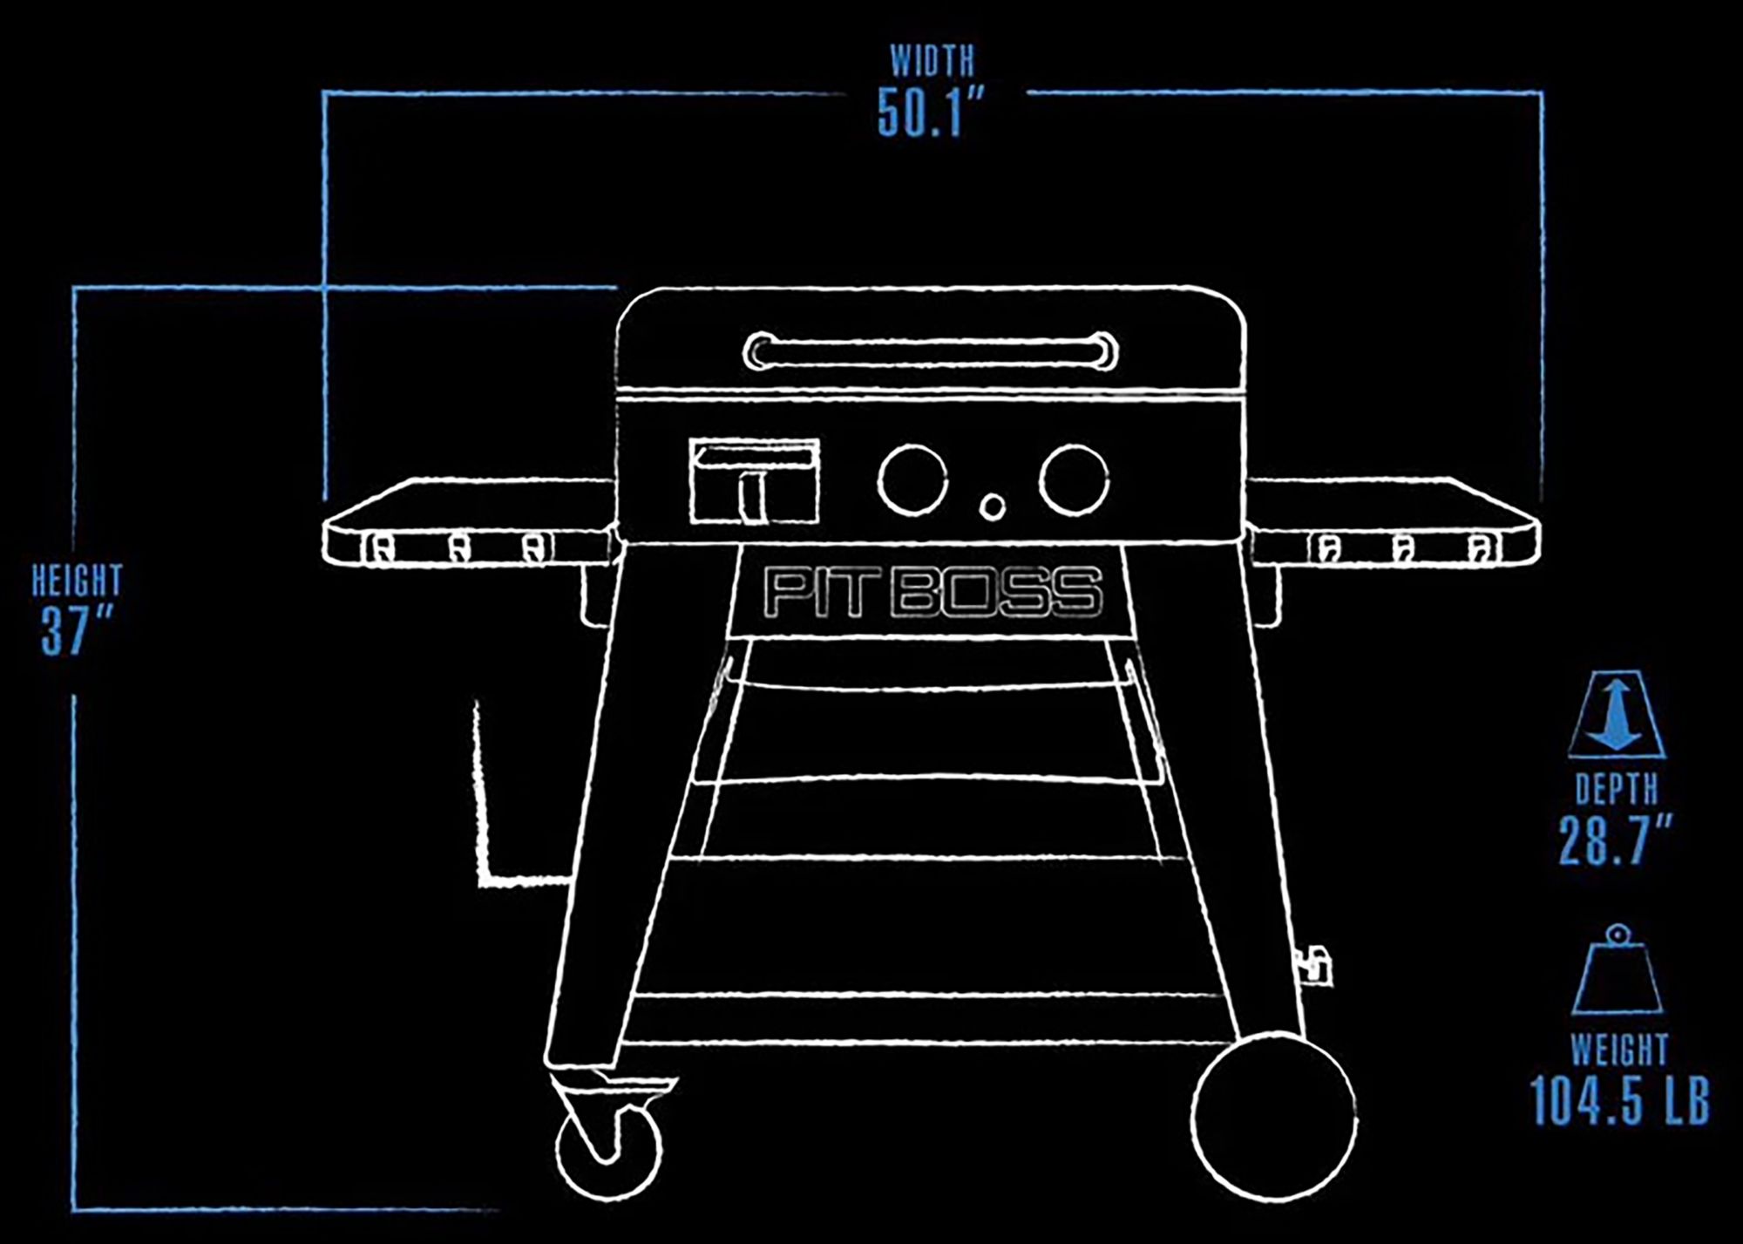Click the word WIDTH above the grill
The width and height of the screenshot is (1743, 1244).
click(932, 61)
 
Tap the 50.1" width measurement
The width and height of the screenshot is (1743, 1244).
click(930, 112)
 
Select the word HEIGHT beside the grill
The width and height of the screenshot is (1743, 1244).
click(77, 581)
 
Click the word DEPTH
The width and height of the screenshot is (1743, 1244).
click(1616, 790)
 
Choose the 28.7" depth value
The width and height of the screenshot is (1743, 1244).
click(1615, 840)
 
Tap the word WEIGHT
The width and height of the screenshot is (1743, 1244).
click(1619, 1050)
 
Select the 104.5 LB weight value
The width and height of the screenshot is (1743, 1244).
click(1620, 1101)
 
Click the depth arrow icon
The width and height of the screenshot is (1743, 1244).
click(1617, 715)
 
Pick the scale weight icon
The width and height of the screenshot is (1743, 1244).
click(1618, 971)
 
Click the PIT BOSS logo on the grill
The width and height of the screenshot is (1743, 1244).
click(933, 593)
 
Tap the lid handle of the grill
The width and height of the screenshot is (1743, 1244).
click(931, 351)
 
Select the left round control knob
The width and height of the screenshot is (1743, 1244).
click(912, 479)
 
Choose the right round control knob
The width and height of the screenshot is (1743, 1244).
click(1073, 479)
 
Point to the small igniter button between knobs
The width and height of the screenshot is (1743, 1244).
click(992, 506)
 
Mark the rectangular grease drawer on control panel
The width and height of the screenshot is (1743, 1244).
click(754, 481)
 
